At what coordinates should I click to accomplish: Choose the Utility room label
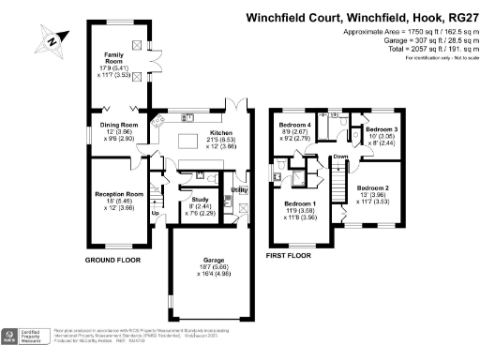(x=239, y=190)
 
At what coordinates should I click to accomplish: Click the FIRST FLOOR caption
(x=288, y=255)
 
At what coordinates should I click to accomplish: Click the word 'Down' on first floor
(x=340, y=157)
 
